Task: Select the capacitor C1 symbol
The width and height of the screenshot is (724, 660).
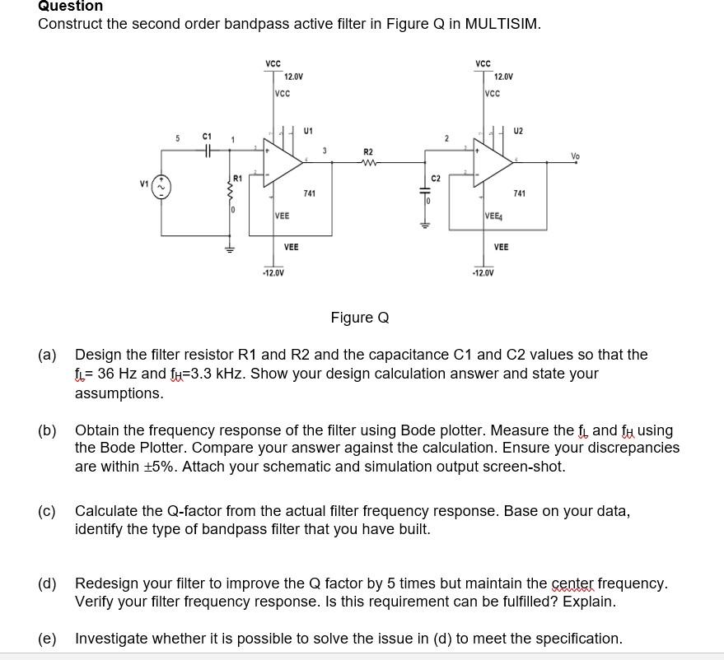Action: pyautogui.click(x=208, y=150)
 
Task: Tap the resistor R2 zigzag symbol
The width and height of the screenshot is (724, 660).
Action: pyautogui.click(x=368, y=161)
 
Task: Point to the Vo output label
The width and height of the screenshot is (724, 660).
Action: pyautogui.click(x=574, y=156)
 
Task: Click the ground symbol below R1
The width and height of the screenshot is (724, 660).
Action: pyautogui.click(x=230, y=249)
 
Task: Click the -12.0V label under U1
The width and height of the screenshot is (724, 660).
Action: pyautogui.click(x=273, y=272)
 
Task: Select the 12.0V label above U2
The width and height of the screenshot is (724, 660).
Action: pyautogui.click(x=503, y=76)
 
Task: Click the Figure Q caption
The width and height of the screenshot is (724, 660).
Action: pyautogui.click(x=359, y=318)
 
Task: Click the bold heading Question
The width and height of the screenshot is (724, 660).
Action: pyautogui.click(x=70, y=7)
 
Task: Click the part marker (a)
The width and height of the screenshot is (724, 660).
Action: pyautogui.click(x=47, y=355)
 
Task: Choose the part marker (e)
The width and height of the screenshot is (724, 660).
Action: pyautogui.click(x=47, y=639)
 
